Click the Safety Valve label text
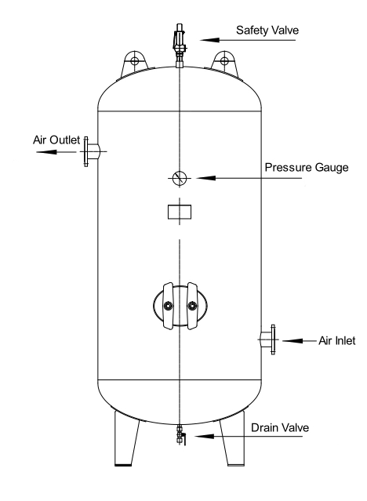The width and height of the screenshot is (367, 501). (x=268, y=31)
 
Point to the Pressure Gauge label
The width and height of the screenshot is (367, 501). (x=306, y=167)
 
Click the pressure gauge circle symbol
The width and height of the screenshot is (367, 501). (x=179, y=178)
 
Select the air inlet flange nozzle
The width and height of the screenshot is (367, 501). (x=267, y=339)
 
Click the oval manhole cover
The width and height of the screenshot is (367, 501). (x=179, y=304)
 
